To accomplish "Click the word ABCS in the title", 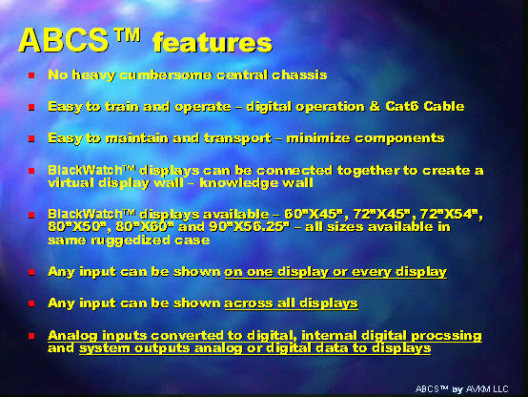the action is pos(63,40).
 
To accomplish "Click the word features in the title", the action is pos(213,43).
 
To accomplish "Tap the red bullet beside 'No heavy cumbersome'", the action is pos(31,75).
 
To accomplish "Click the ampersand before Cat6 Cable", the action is pos(375,106).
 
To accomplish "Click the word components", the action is pos(399,138).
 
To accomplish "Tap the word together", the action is pos(369,171).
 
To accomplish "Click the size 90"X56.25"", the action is pos(249,227).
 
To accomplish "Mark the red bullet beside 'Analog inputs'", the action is pos(31,336).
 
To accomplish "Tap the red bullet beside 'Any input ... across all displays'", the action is pos(31,303).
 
